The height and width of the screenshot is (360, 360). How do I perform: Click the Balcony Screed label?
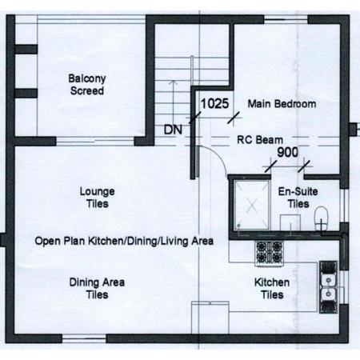click(87, 85)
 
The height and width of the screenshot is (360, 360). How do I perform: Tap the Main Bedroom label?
click(282, 104)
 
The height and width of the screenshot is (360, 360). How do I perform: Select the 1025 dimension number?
click(214, 103)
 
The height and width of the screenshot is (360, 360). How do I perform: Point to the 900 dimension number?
click(287, 152)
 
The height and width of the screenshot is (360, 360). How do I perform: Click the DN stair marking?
click(173, 130)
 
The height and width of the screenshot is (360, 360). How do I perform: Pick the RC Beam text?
click(260, 140)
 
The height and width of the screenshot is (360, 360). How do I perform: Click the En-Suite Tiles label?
click(298, 198)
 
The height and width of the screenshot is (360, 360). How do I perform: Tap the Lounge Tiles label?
click(98, 198)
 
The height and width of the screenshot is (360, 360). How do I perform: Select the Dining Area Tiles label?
click(97, 289)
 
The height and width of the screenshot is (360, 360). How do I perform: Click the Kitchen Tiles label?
click(272, 289)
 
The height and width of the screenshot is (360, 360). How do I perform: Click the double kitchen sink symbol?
click(329, 287)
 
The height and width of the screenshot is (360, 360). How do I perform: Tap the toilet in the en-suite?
click(322, 218)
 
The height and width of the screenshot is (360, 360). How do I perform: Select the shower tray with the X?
click(252, 205)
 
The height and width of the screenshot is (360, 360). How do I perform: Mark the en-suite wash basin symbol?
click(290, 222)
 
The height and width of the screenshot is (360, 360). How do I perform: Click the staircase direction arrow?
click(174, 106)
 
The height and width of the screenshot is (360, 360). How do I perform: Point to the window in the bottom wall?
click(84, 339)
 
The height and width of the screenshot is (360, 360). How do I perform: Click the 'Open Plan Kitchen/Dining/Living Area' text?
click(124, 241)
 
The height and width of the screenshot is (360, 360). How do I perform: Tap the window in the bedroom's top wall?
click(286, 19)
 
